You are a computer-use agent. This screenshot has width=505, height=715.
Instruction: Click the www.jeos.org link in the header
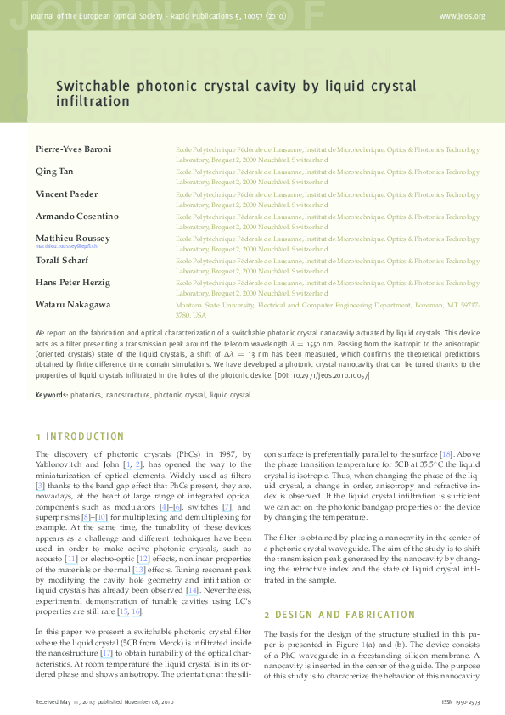click(x=462, y=16)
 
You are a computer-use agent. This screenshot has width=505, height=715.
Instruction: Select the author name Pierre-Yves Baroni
click(x=73, y=149)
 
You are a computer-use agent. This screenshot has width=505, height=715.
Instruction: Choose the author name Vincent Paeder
click(x=67, y=194)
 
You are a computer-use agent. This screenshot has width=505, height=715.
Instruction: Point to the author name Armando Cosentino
click(x=77, y=217)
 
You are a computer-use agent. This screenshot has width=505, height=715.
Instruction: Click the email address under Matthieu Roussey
click(x=66, y=245)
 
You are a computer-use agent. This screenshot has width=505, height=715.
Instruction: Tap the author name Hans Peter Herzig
click(x=73, y=283)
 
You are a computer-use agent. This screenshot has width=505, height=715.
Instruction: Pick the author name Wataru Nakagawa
click(x=73, y=305)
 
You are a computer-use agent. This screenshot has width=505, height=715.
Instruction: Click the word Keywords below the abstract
click(x=52, y=395)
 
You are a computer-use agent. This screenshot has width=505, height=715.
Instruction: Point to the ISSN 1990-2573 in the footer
click(x=463, y=702)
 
